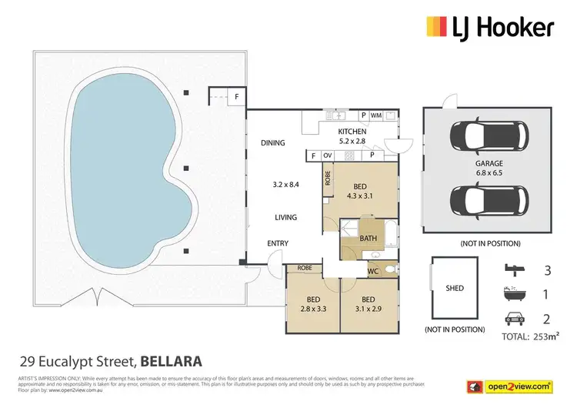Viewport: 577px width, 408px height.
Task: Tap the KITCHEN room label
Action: click(352, 132)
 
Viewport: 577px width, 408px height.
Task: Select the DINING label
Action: click(272, 142)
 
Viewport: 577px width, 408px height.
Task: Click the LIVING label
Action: click(285, 217)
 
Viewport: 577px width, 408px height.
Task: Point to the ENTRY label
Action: click(278, 244)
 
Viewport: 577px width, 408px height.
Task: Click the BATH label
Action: click(369, 238)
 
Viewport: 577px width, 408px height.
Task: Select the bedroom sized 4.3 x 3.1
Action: click(360, 192)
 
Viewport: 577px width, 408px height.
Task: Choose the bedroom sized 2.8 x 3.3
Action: click(312, 305)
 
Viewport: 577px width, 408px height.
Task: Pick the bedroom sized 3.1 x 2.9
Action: click(368, 305)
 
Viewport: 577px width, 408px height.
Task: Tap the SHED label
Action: click(455, 289)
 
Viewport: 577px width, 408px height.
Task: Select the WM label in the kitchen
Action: click(376, 115)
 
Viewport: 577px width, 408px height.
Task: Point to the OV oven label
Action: click(327, 156)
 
